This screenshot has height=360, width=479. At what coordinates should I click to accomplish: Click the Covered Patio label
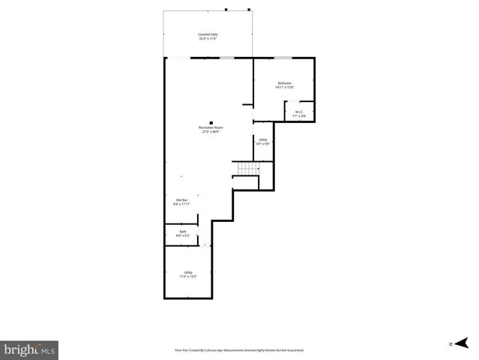(208, 34)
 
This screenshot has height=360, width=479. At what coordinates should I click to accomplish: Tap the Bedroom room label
(284, 82)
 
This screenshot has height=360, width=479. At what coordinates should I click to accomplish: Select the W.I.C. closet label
(298, 112)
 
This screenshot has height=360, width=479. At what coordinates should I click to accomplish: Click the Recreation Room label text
(211, 127)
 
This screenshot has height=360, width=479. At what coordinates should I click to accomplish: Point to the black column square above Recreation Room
(211, 122)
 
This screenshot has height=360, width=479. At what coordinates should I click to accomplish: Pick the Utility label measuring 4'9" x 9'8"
(262, 139)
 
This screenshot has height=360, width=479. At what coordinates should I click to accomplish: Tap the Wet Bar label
(181, 199)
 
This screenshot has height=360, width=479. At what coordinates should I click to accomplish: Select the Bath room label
(182, 232)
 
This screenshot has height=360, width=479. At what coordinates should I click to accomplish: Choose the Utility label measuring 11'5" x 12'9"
(187, 272)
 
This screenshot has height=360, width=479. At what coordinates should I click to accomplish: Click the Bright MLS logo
(29, 349)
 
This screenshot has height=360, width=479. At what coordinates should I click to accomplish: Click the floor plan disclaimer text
(239, 349)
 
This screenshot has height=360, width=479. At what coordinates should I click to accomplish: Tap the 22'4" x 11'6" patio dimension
(208, 39)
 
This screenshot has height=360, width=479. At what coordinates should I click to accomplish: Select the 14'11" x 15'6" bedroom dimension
(284, 87)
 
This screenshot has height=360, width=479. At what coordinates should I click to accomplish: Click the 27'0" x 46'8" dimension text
(211, 132)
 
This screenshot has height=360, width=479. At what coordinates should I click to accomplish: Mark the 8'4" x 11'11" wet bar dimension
(181, 204)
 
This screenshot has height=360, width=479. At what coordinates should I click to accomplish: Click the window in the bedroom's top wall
(283, 58)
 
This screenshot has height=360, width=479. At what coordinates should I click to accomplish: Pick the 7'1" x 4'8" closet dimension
(298, 116)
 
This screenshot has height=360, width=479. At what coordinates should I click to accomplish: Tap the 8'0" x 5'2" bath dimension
(182, 236)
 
